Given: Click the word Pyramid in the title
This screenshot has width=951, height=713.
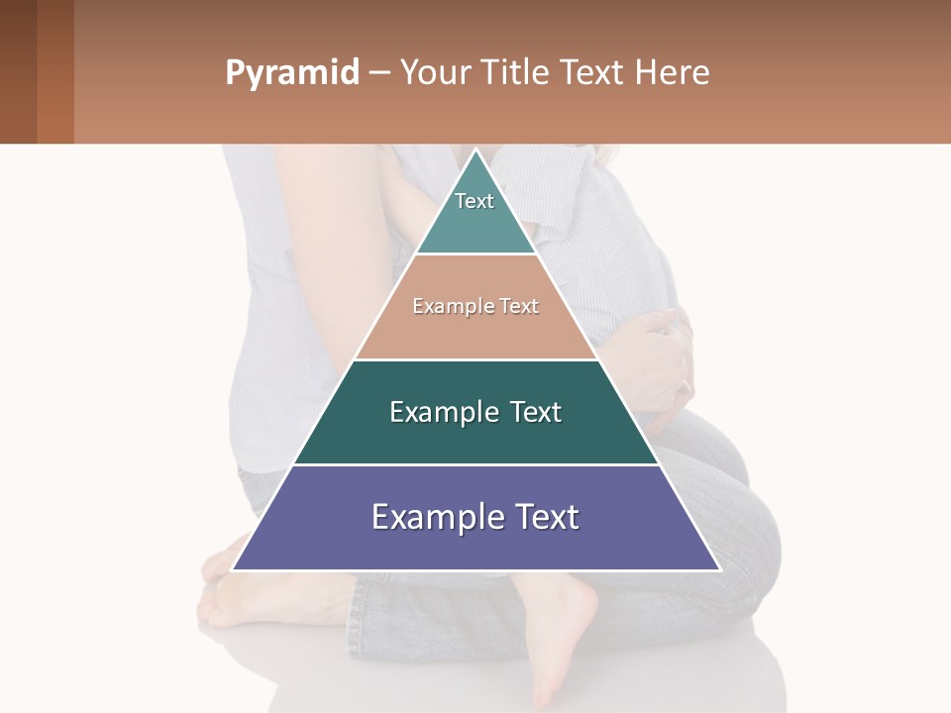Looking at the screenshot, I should coord(291,73).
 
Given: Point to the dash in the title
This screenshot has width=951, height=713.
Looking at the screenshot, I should coord(378,73).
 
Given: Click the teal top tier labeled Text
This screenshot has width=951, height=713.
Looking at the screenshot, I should coord(475,213).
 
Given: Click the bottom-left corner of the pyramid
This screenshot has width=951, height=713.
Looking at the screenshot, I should coord(234,568).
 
